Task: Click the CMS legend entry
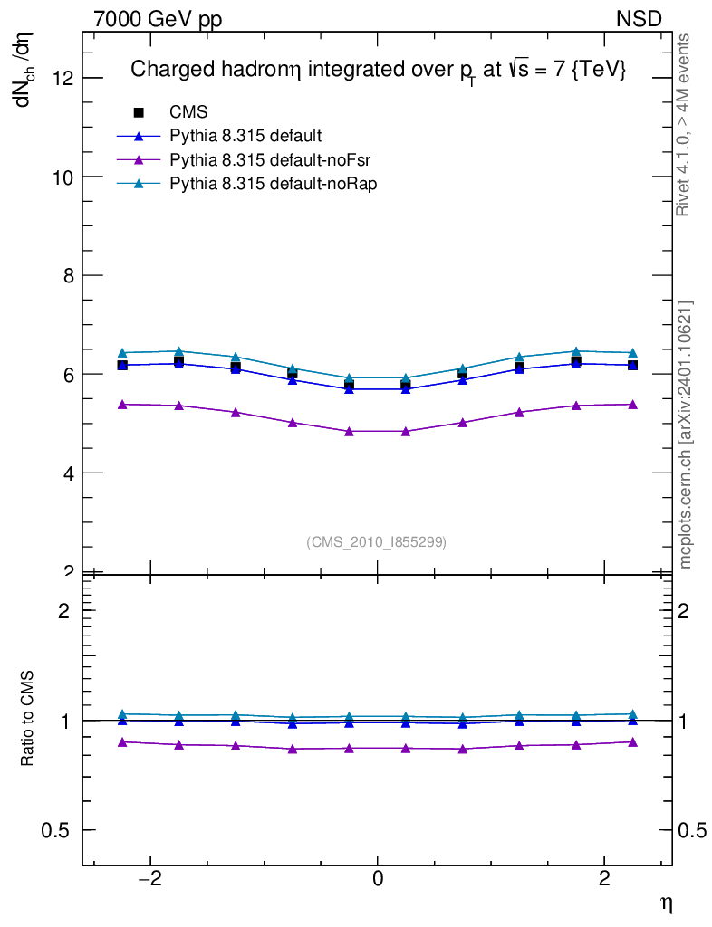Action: coord(188,112)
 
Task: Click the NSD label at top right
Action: coord(640,19)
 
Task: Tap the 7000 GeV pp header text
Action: coord(158,19)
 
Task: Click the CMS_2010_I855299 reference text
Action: coord(376,542)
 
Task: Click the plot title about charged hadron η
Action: coord(378,71)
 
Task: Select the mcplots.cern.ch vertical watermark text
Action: coord(686,435)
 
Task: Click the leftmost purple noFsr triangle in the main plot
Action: coord(122,404)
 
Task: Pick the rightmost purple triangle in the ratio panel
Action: coord(632,741)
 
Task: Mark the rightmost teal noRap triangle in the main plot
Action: coord(632,352)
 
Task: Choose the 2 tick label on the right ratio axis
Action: coord(689,611)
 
